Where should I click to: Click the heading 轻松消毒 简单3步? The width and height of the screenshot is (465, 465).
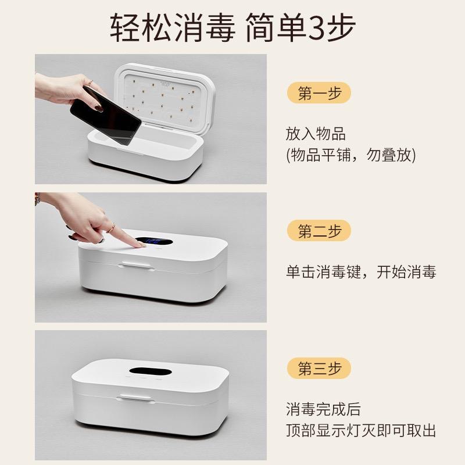233,27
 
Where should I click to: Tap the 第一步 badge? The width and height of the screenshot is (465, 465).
319,93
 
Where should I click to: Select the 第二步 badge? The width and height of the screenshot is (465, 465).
319,230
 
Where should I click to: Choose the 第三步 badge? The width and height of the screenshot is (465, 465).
319,368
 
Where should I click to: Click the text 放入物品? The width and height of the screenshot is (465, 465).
316,134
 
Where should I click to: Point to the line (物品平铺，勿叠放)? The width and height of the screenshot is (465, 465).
351,155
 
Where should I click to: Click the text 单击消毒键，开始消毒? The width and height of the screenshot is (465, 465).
361,271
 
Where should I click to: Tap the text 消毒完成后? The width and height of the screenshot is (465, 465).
323,409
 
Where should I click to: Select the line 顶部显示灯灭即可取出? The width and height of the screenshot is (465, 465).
361,430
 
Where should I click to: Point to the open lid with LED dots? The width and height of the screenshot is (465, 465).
164,95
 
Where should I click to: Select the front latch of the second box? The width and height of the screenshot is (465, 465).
137,264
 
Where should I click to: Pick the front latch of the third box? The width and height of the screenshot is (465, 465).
136,398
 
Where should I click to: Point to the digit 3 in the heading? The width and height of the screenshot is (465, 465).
317,28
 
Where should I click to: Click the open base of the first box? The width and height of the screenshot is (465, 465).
145,154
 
